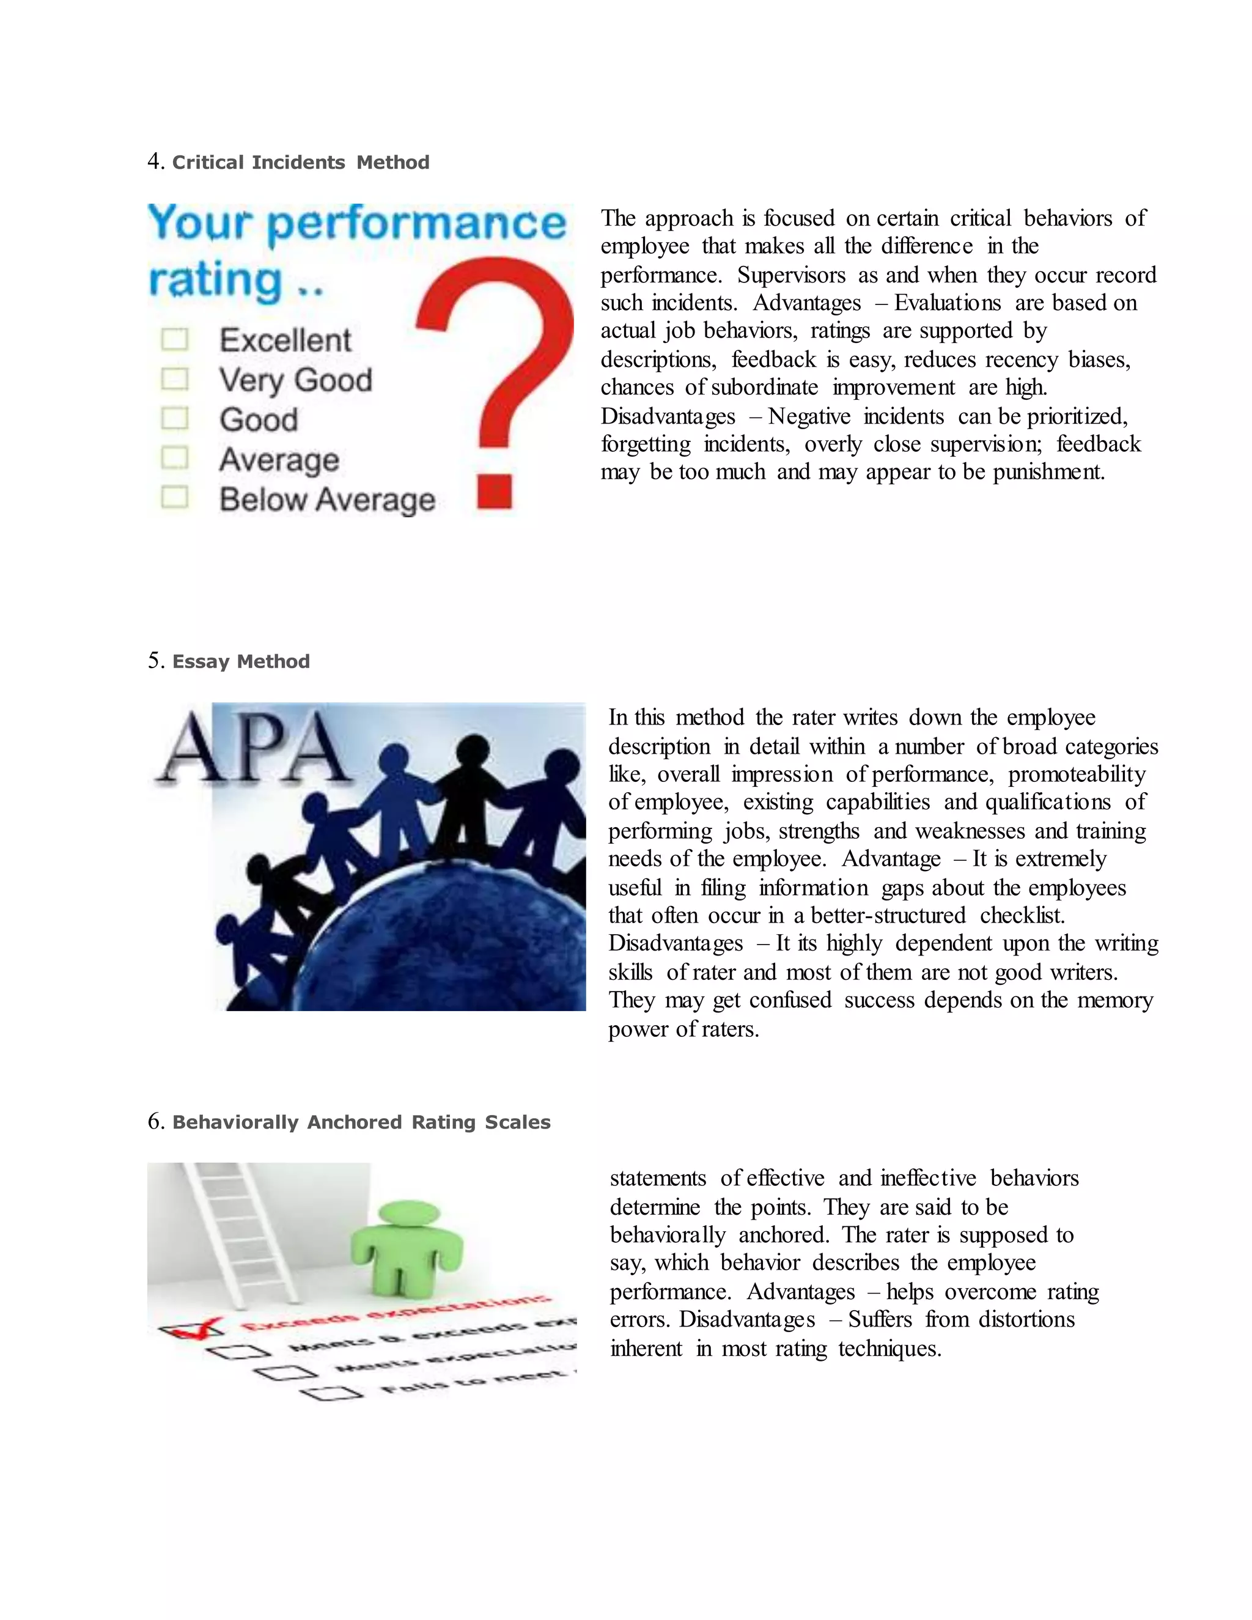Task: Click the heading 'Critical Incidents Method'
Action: (300, 163)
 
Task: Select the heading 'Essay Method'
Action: (241, 661)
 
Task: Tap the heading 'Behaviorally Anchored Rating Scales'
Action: (361, 1122)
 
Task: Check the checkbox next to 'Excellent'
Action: (175, 340)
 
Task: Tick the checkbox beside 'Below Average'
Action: (175, 497)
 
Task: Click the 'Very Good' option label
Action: (296, 380)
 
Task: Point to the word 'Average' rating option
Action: (279, 460)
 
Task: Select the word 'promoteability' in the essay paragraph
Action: (1076, 775)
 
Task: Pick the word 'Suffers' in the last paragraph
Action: (880, 1320)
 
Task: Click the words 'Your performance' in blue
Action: (356, 223)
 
